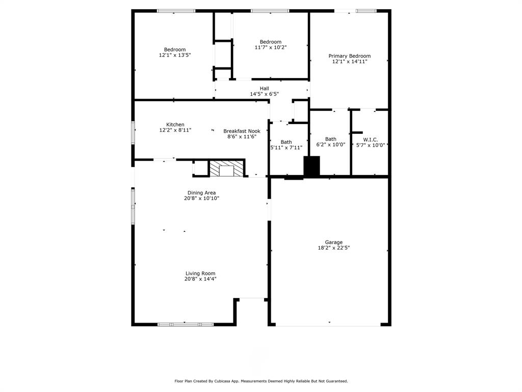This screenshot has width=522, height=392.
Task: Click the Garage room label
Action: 334,242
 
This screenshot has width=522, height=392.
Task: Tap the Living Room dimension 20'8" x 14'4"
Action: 200,279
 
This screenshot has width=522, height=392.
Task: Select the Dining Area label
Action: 201,192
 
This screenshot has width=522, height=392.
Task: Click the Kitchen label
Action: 175,125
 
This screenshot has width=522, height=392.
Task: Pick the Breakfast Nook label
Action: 242,131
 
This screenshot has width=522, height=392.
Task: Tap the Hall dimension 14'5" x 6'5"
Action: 264,94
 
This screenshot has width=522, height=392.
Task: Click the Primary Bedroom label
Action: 349,56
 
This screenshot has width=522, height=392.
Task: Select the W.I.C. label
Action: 370,139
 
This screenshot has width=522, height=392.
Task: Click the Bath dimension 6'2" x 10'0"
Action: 331,144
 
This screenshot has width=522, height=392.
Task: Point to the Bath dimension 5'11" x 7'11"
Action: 286,148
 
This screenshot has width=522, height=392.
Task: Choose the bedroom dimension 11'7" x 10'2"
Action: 270,47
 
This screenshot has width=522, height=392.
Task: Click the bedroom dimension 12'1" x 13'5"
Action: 175,55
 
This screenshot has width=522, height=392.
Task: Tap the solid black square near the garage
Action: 311,166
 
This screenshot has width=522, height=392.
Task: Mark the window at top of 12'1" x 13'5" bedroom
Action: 176,11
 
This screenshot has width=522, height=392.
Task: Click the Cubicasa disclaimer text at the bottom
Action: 261,381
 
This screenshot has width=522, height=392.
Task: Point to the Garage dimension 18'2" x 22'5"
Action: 334,248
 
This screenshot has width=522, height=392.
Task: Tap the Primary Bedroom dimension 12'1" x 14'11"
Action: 349,61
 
